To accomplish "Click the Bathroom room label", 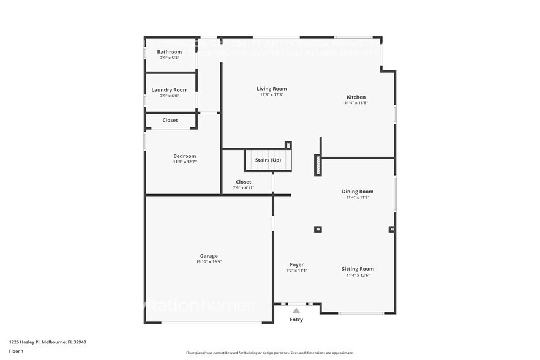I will [170, 52].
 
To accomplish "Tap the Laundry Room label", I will [170, 90].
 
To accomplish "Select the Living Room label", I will [271, 89].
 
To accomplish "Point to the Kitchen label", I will [356, 97].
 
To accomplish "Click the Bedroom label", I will [184, 156].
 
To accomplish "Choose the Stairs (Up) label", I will [268, 160].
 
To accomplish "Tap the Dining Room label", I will [357, 192].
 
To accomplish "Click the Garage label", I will [209, 256].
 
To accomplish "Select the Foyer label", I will [296, 265].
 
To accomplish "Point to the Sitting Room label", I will [358, 269].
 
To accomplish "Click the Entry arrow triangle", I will [296, 311].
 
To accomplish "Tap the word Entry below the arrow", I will [296, 320].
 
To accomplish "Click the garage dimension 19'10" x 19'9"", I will [209, 262].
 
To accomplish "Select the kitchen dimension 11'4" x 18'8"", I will [356, 103].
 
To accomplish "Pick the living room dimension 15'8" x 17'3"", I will [271, 94].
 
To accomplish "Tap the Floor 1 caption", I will [16, 351].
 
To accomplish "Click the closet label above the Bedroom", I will [170, 120].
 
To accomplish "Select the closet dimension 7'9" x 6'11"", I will [243, 188].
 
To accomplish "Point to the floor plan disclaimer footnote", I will [269, 353].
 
